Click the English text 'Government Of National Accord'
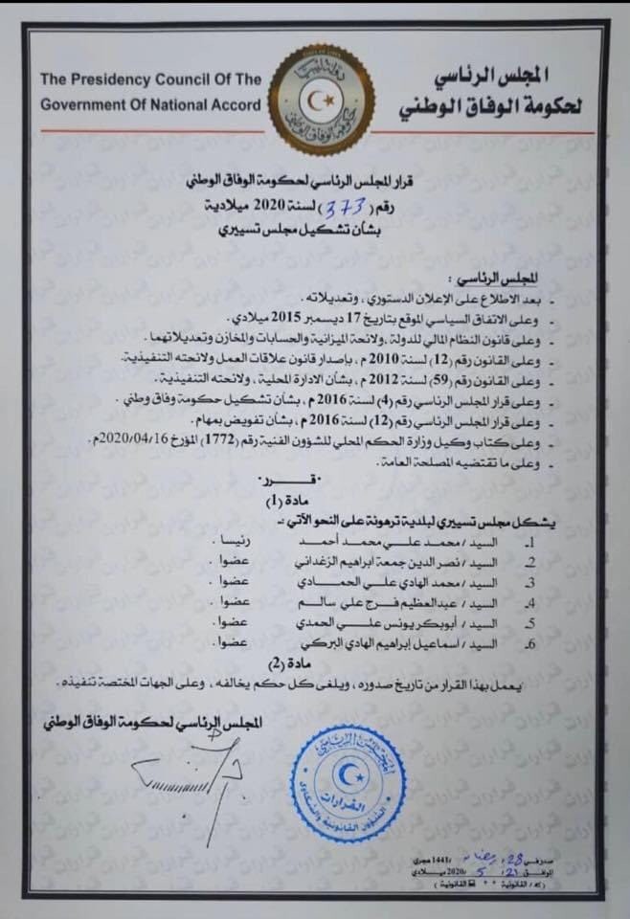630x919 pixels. (149, 104)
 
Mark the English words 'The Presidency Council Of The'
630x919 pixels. (151, 80)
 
